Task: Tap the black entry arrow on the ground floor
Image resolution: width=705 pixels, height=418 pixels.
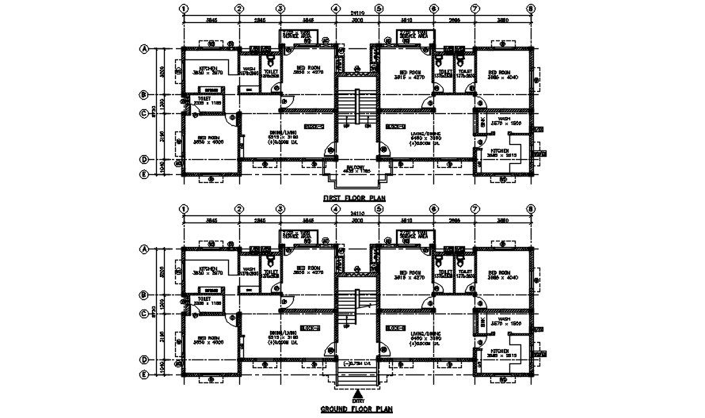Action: (359, 393)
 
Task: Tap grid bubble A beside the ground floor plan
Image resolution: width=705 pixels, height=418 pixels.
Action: (145, 249)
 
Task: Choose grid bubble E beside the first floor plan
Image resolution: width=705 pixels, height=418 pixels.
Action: (145, 174)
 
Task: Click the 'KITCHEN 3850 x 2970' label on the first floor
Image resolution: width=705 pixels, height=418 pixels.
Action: (209, 71)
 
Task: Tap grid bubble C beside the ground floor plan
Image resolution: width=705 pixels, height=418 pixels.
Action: (145, 313)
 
